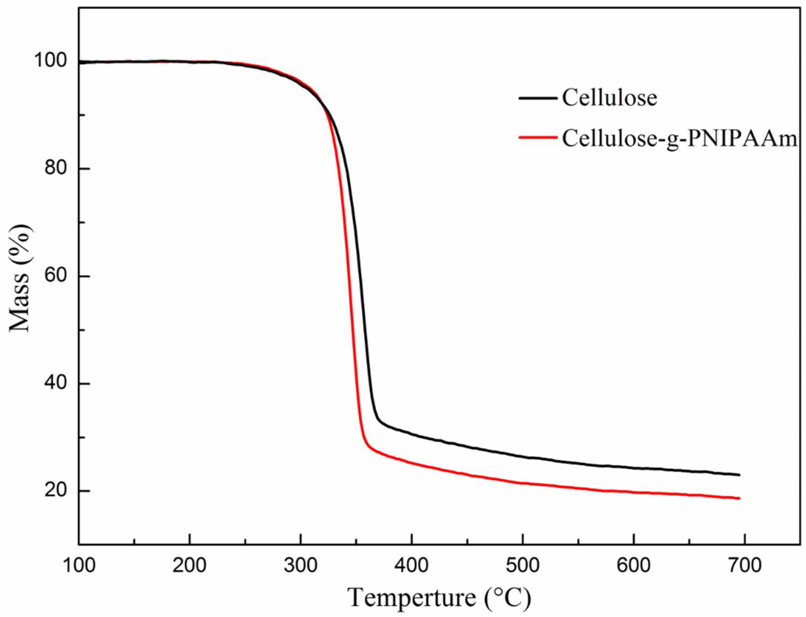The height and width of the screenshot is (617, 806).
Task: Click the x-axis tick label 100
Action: (x=78, y=566)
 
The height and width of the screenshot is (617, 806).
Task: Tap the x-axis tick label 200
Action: (x=189, y=566)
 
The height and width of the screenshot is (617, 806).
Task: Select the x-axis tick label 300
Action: (x=301, y=566)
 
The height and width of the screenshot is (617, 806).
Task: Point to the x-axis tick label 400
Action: (x=412, y=566)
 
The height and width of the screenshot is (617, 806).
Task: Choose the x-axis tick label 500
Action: (x=523, y=566)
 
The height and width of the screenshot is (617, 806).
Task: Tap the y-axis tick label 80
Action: (x=57, y=168)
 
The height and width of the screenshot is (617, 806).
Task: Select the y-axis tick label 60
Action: (x=57, y=276)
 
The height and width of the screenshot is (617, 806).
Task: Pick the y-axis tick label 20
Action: (x=57, y=491)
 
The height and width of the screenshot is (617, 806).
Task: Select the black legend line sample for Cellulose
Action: (x=538, y=98)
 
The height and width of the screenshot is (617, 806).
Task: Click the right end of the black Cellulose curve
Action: (x=739, y=475)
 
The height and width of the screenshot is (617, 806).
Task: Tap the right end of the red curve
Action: (x=739, y=498)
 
